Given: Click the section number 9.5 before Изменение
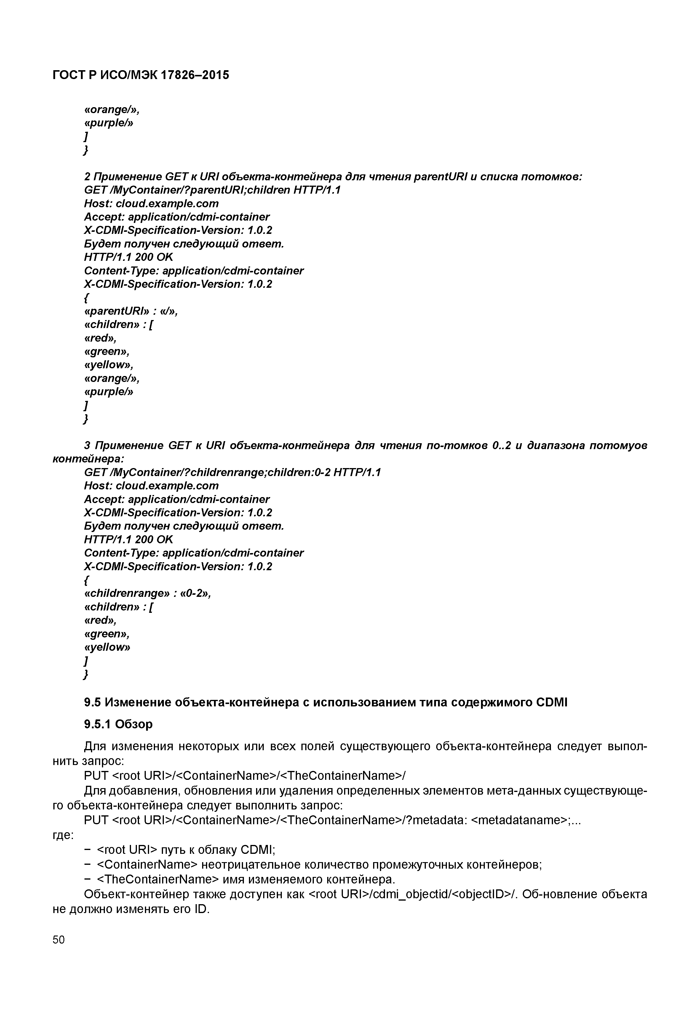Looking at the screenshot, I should [x=93, y=703].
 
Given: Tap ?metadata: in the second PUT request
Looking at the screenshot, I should [x=438, y=820].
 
